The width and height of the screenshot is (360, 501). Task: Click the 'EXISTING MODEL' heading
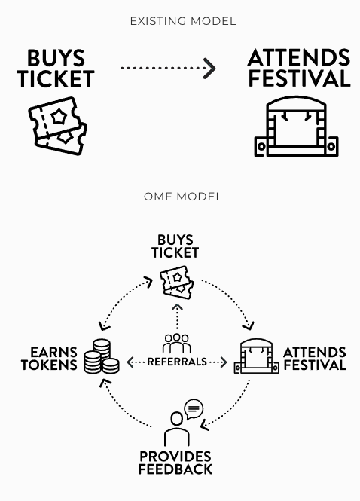pyautogui.click(x=183, y=21)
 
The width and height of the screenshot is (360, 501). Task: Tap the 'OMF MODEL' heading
pyautogui.click(x=183, y=197)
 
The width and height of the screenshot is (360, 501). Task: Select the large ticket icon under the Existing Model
pyautogui.click(x=58, y=126)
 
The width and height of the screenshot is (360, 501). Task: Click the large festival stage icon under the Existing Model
pyautogui.click(x=297, y=127)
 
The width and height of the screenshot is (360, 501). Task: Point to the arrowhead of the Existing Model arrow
pyautogui.click(x=209, y=68)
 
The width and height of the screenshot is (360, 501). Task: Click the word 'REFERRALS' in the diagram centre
pyautogui.click(x=177, y=362)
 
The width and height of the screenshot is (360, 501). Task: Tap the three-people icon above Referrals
pyautogui.click(x=177, y=343)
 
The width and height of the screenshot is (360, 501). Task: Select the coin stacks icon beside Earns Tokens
pyautogui.click(x=102, y=356)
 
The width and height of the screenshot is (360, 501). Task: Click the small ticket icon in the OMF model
pyautogui.click(x=177, y=283)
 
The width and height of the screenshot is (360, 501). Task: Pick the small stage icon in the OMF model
pyautogui.click(x=257, y=356)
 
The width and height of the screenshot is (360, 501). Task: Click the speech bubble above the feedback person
pyautogui.click(x=194, y=409)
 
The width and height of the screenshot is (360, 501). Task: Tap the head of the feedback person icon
pyautogui.click(x=177, y=419)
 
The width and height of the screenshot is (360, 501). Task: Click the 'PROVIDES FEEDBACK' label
pyautogui.click(x=175, y=463)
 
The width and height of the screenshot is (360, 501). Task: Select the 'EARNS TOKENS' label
pyautogui.click(x=49, y=359)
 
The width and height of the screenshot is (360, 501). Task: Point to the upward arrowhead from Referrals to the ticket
pyautogui.click(x=177, y=307)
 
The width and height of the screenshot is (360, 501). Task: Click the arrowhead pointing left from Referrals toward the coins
pyautogui.click(x=130, y=362)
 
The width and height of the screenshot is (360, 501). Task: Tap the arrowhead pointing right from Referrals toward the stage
pyautogui.click(x=224, y=362)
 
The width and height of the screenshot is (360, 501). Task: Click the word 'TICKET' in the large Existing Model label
pyautogui.click(x=56, y=79)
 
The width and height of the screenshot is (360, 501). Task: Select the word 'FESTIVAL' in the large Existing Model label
pyautogui.click(x=300, y=78)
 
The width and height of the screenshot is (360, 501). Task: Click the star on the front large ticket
pyautogui.click(x=59, y=117)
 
